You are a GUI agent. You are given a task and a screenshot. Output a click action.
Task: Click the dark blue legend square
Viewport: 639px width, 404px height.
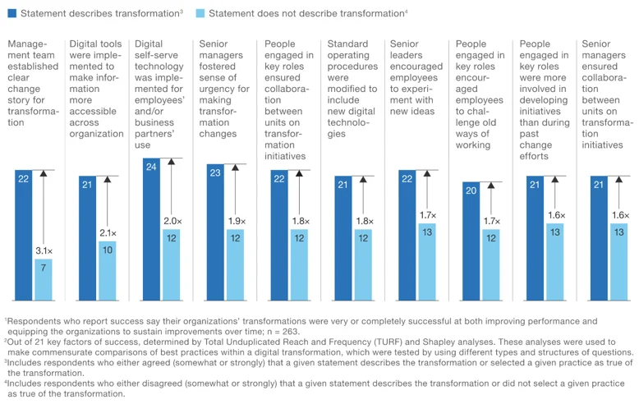[12, 13]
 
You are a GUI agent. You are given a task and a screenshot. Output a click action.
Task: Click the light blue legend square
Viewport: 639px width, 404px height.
[200, 13]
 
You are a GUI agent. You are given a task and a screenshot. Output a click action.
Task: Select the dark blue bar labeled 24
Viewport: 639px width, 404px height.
[151, 229]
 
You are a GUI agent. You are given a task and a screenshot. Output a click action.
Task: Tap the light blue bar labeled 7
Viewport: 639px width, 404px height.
[44, 280]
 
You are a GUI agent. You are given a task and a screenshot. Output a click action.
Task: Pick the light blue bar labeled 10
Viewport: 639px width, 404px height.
[107, 271]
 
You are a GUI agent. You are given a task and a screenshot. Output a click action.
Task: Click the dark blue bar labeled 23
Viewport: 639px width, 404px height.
[215, 232]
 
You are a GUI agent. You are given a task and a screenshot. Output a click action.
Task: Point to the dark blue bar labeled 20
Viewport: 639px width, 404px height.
[471, 241]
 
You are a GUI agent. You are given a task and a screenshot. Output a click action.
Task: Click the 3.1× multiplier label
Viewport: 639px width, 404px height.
[44, 251]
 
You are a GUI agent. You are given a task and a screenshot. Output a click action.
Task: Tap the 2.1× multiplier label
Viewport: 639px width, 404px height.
[108, 233]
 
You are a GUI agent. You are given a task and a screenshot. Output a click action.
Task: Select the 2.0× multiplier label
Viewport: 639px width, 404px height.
[172, 221]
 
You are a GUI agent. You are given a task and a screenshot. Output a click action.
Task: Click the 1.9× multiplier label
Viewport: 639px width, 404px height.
[237, 221]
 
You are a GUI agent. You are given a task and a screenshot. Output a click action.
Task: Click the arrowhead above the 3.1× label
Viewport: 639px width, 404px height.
[44, 173]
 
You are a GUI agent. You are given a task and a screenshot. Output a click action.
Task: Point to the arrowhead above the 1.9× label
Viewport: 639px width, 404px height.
[235, 168]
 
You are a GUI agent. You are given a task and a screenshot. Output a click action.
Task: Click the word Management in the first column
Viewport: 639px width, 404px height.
[27, 49]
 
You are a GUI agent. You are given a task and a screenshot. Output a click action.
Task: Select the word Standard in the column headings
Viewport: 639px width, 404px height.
[347, 44]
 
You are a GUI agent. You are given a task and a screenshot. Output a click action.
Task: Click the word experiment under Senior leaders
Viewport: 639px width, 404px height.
[411, 94]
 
